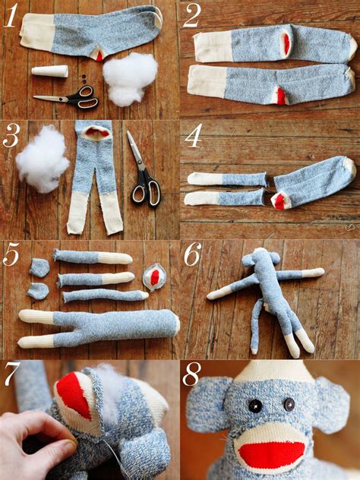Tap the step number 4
(194, 136)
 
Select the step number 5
(12, 255)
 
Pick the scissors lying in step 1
(68, 98)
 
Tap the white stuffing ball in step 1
(130, 77)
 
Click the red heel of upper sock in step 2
(286, 45)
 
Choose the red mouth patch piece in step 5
(155, 278)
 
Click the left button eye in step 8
(257, 406)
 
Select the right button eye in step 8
(289, 405)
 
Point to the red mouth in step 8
(271, 453)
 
